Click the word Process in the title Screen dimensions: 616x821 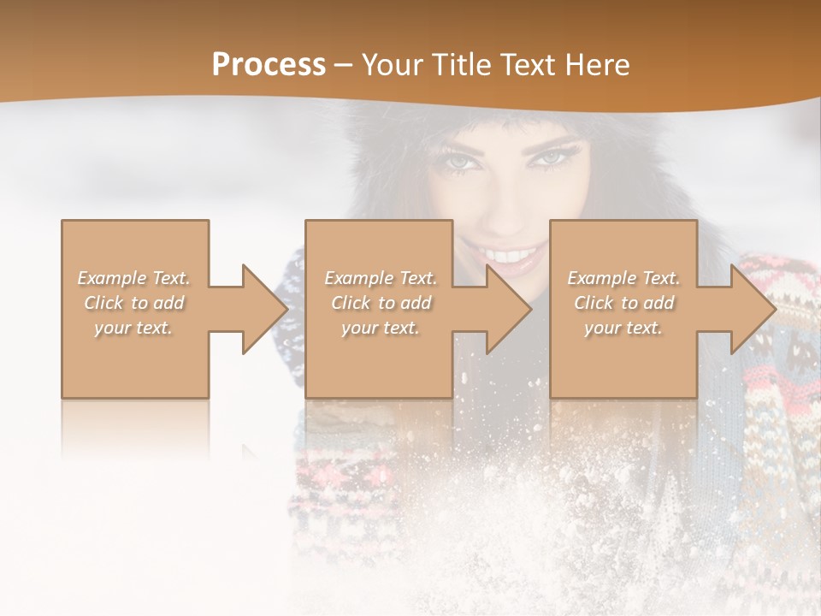tap(269, 64)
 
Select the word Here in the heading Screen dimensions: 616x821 tap(598, 64)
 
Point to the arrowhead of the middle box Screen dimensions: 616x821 tap(508, 309)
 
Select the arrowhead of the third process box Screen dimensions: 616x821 tap(752, 309)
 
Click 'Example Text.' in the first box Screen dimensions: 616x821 tap(134, 278)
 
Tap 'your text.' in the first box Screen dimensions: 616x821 tap(134, 328)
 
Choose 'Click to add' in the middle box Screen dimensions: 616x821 tap(381, 303)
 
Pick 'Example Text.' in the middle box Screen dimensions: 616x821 tap(381, 278)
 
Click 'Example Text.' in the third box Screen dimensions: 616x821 tap(623, 278)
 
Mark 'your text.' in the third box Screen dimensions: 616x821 tap(623, 328)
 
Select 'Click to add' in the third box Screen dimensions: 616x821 tap(623, 303)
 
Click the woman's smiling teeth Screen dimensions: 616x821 tap(511, 255)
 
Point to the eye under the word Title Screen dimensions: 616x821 tap(459, 161)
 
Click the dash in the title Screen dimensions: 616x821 tap(344, 65)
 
